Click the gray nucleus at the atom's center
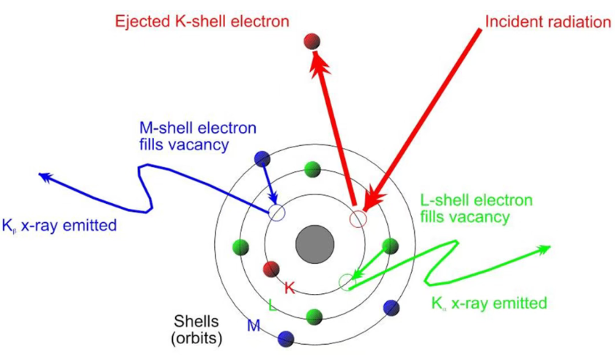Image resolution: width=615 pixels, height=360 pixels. (x=314, y=244)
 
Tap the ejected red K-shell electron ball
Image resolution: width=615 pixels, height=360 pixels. (x=312, y=41)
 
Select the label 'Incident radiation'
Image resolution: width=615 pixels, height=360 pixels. (x=548, y=21)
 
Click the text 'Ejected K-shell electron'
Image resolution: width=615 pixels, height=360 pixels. (x=202, y=21)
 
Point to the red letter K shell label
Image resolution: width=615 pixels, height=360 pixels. (x=290, y=288)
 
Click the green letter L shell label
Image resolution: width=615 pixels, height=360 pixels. (x=273, y=305)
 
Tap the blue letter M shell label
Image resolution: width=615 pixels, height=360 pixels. (x=254, y=325)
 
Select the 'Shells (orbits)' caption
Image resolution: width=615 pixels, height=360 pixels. (x=196, y=329)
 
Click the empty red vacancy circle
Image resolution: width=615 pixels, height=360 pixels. (x=358, y=218)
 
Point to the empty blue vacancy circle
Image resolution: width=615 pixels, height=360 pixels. (x=276, y=213)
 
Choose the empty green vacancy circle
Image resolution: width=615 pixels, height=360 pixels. (x=347, y=282)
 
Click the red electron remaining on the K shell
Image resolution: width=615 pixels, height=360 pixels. (x=271, y=270)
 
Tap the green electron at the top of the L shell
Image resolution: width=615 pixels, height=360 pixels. (x=312, y=169)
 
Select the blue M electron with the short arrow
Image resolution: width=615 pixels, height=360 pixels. (x=262, y=159)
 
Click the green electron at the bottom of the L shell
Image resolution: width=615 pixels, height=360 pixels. (x=314, y=317)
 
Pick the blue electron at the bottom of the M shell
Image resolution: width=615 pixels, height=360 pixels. (x=286, y=339)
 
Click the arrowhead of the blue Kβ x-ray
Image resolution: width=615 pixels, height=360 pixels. (x=44, y=177)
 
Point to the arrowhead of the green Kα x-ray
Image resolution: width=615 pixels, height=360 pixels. (x=545, y=249)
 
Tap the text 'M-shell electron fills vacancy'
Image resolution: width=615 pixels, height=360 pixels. (x=198, y=136)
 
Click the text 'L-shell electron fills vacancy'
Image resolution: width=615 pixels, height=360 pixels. (x=476, y=208)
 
